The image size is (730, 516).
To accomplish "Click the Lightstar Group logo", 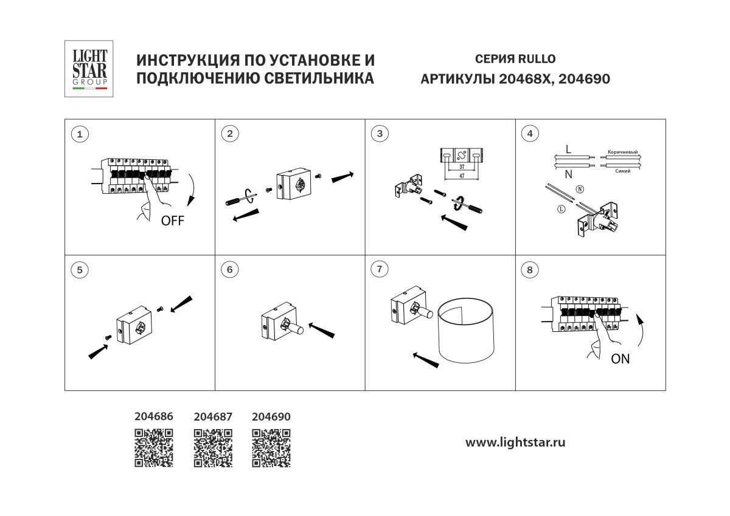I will [x=89, y=69].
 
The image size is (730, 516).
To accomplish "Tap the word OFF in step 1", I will [x=172, y=221].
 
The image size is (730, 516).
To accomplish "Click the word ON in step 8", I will [x=620, y=359].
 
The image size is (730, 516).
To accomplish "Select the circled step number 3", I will [x=380, y=134].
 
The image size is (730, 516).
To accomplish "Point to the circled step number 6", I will [x=229, y=270].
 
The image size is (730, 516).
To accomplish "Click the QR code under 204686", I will [x=154, y=449].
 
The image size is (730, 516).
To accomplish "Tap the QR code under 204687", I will [x=213, y=449].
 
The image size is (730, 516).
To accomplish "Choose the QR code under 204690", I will [x=271, y=449].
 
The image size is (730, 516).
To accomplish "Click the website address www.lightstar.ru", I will [x=515, y=442].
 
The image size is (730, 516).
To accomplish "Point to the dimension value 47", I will [x=462, y=174].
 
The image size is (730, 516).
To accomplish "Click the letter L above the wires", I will [x=568, y=148].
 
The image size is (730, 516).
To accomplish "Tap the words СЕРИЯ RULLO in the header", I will [x=515, y=59].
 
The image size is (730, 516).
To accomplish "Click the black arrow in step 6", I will [x=322, y=331].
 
